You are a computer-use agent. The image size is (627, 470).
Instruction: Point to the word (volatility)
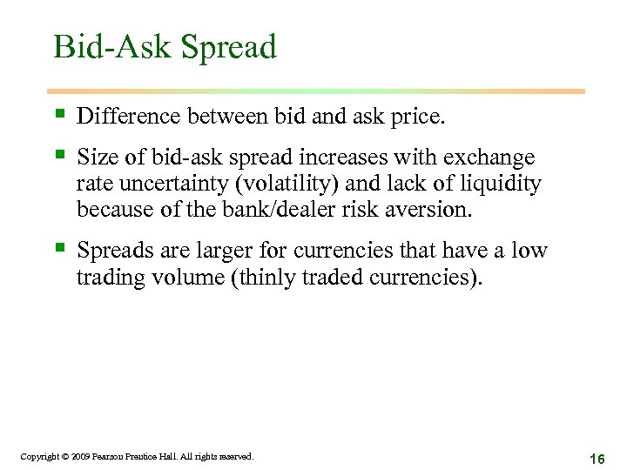pyautogui.click(x=287, y=185)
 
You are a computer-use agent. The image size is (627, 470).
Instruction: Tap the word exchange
pyautogui.click(x=489, y=158)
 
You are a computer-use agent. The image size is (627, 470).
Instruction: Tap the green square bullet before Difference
pyautogui.click(x=59, y=114)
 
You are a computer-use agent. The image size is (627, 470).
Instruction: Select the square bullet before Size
pyautogui.click(x=59, y=156)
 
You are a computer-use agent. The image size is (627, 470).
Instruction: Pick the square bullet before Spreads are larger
pyautogui.click(x=59, y=249)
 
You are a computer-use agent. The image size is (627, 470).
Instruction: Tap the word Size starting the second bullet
pyautogui.click(x=96, y=158)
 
